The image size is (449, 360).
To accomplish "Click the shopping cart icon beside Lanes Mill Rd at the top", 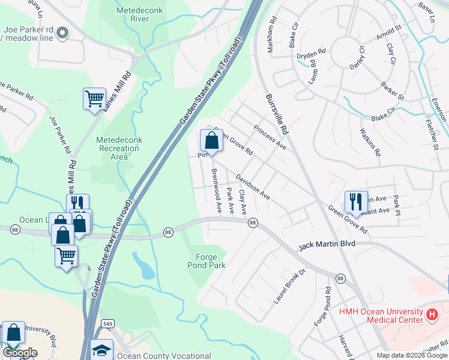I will [94, 99].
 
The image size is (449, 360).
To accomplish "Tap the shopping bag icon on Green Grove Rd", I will [211, 142].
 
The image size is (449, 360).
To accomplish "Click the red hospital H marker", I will [431, 314].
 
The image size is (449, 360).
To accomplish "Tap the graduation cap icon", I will [101, 350].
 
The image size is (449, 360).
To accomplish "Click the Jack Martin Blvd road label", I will [327, 244].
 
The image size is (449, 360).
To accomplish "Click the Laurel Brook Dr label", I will [290, 286].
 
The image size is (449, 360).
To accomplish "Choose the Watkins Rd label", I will [370, 142].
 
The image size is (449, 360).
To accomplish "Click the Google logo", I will [20, 353].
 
